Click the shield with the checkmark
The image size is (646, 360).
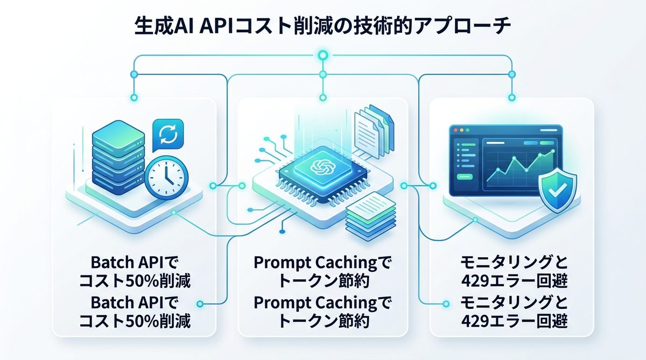coord(557,185)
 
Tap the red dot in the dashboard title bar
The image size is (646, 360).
coord(455,130)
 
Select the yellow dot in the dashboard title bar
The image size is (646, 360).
coord(461,130)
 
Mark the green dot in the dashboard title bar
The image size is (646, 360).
coord(468,130)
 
